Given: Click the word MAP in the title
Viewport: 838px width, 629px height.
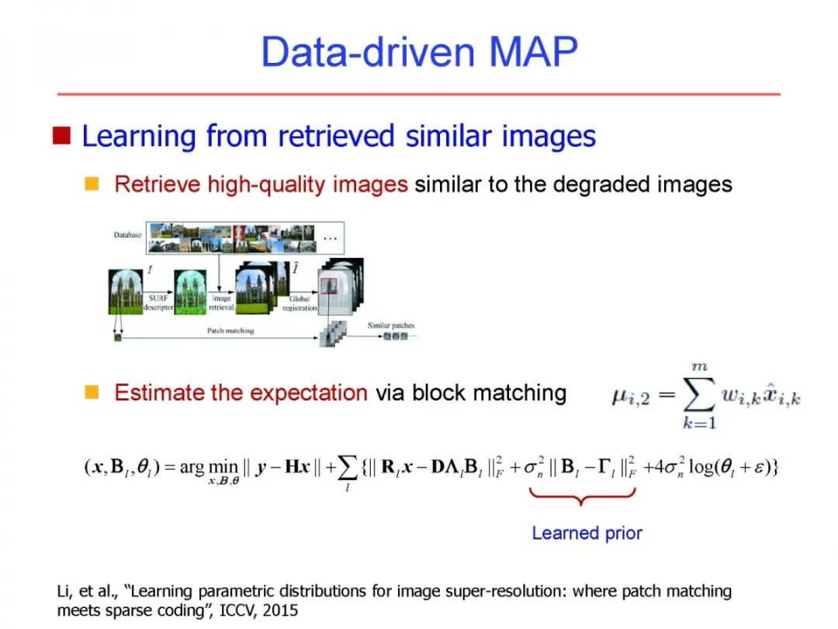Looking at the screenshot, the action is point(533,53).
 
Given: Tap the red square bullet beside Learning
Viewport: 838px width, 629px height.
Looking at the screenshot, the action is point(61,137).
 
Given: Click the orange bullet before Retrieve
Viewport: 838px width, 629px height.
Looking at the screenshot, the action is point(92,184).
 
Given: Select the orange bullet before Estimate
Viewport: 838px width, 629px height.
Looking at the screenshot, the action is point(92,392).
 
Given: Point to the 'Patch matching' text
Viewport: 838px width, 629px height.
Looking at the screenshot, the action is point(230,331).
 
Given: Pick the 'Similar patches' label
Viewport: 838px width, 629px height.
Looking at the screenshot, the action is point(391,325).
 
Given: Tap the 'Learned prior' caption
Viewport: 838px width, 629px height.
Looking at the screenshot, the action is point(587,533).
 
